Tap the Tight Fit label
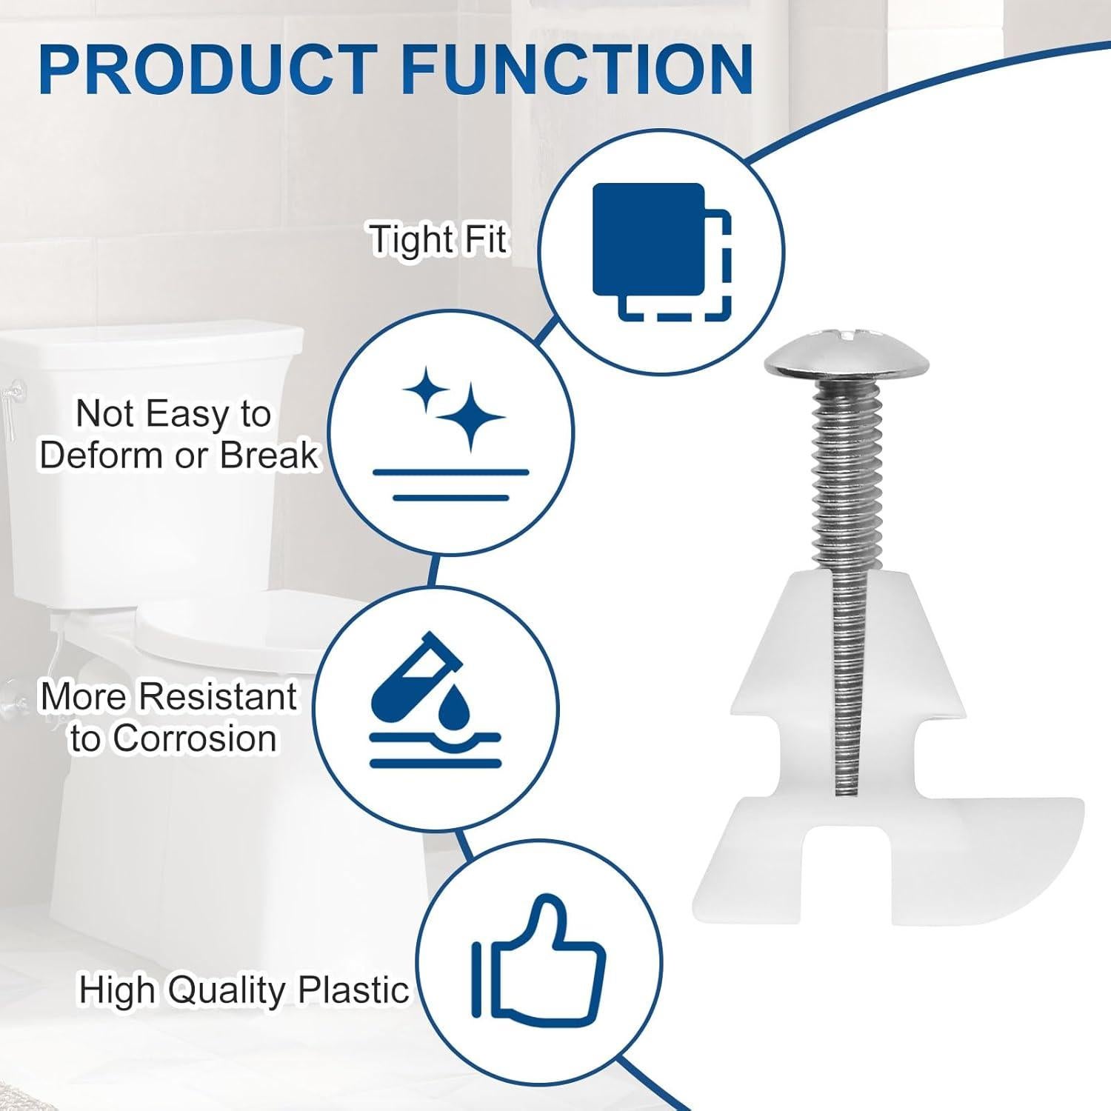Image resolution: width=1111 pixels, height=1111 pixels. pos(439,240)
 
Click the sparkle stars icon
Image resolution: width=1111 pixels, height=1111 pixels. pos(452,407)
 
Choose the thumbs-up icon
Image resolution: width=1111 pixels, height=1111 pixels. pos(539,963)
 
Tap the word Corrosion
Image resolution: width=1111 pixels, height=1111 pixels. pos(196,738)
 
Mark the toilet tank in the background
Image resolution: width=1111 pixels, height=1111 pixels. pos(148,444)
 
